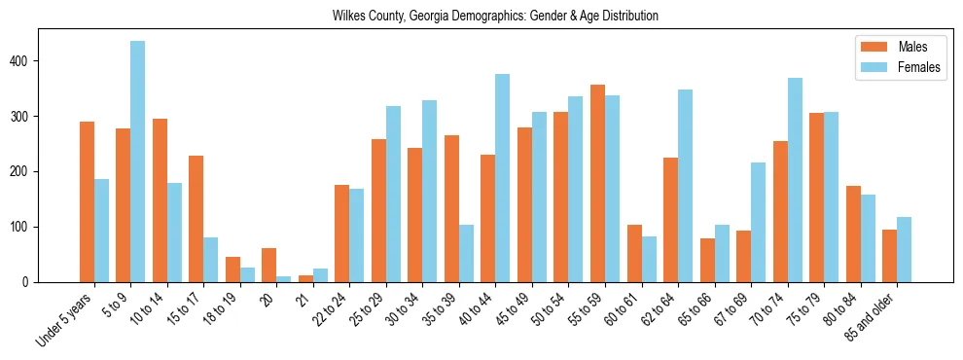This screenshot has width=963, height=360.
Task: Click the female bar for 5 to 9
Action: pos(138,162)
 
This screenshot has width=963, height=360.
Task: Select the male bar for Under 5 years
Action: pos(88,201)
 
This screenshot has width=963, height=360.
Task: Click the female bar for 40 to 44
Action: pos(503,178)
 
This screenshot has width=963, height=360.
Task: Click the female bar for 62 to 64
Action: pos(686,186)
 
